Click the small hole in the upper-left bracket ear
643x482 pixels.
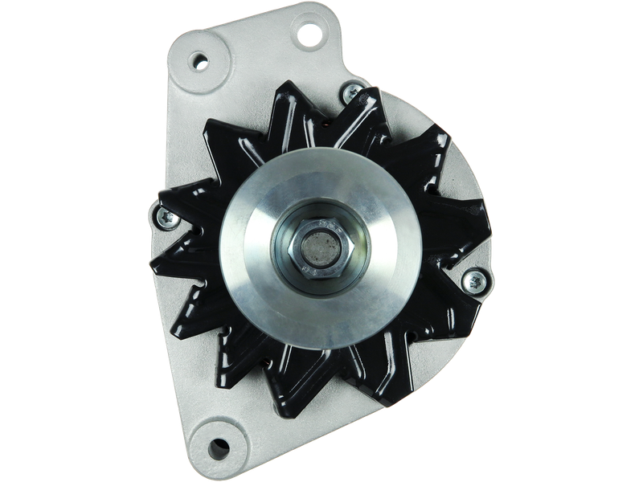199,62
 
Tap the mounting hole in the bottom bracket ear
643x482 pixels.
217,447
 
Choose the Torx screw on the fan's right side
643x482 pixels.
474,280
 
